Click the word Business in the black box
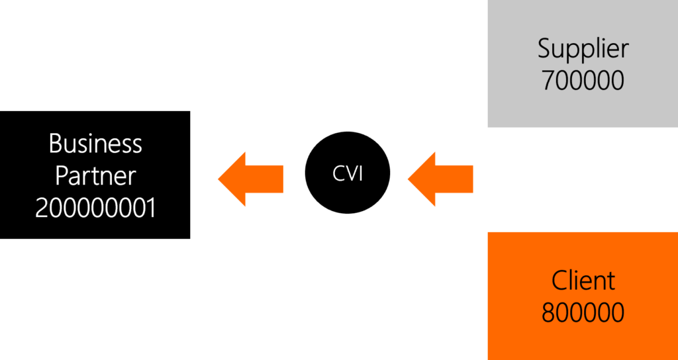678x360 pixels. click(95, 144)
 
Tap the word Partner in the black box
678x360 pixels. click(95, 176)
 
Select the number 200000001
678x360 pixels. click(95, 208)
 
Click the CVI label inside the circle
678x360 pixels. click(348, 173)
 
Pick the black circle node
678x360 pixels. click(348, 173)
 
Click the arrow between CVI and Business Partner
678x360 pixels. click(251, 179)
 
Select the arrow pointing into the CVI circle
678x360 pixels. click(440, 179)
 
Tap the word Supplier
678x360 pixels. click(583, 49)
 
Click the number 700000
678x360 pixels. click(583, 80)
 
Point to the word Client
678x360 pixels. click(583, 281)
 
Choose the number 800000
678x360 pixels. click(583, 312)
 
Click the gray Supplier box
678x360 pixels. click(583, 64)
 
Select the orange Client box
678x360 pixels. click(583, 296)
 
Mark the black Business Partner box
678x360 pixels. click(95, 175)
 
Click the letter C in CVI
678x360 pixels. click(338, 173)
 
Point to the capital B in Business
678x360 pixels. click(56, 144)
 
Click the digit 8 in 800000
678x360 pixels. click(549, 312)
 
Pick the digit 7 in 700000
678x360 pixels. click(549, 80)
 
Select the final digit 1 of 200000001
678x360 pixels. click(150, 208)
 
